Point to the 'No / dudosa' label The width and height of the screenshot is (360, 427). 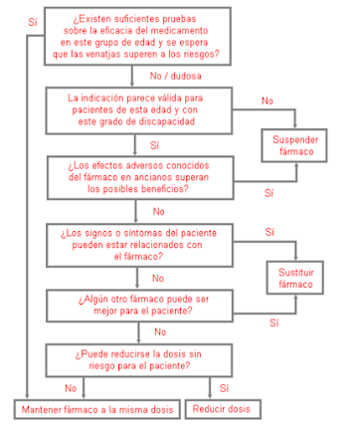170,74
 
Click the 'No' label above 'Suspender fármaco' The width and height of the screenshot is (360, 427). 268,101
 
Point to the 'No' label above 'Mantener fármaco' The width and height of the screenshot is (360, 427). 71,388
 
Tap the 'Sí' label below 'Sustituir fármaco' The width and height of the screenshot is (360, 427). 275,322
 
